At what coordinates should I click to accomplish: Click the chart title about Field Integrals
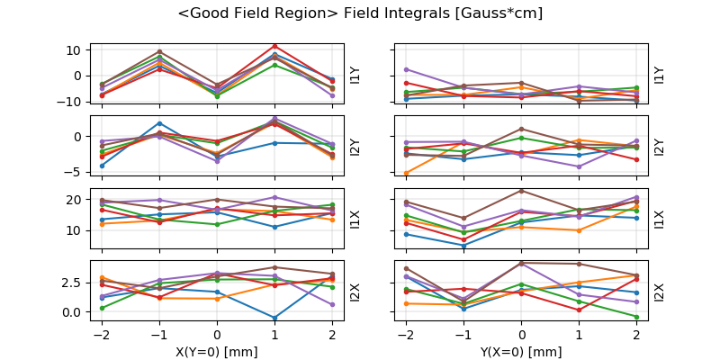point(360,13)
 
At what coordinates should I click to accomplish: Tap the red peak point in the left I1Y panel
point(274,46)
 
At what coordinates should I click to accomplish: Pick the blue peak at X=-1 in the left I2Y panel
point(159,123)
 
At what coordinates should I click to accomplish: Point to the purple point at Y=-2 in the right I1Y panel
point(406,69)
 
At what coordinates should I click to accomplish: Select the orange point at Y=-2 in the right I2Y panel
point(406,173)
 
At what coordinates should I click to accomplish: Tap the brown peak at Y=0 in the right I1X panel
point(521,190)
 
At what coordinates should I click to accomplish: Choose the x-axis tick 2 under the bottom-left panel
point(332,335)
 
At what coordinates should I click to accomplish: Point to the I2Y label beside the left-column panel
point(355,146)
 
